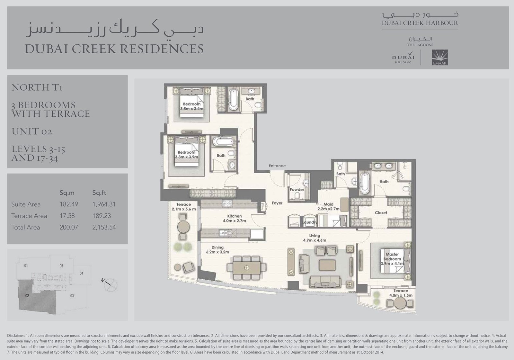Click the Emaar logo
pyautogui.click(x=440, y=58)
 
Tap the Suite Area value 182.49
pyautogui.click(x=69, y=204)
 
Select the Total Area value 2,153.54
pyautogui.click(x=104, y=227)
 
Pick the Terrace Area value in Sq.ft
pyautogui.click(x=102, y=216)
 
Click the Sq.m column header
pyautogui.click(x=67, y=193)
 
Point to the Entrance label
pyautogui.click(x=277, y=166)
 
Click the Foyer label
pyautogui.click(x=277, y=203)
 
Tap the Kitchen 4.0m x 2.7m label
pyautogui.click(x=234, y=218)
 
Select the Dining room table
pyautogui.click(x=247, y=268)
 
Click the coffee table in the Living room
pyautogui.click(x=327, y=265)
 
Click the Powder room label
pyautogui.click(x=297, y=189)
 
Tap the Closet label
pyautogui.click(x=381, y=212)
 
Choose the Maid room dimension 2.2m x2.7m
pyautogui.click(x=328, y=209)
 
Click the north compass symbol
pyautogui.click(x=110, y=284)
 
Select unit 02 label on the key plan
pyautogui.click(x=27, y=296)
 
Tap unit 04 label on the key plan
pyautogui.click(x=81, y=273)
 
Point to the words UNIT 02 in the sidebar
pyautogui.click(x=32, y=131)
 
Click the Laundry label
pyautogui.click(x=310, y=222)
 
